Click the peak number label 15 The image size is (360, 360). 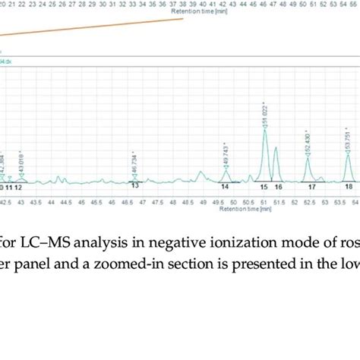pyautogui.click(x=264, y=186)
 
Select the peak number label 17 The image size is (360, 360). pyautogui.click(x=312, y=186)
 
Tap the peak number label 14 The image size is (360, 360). pyautogui.click(x=226, y=186)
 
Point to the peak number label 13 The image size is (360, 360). pyautogui.click(x=134, y=185)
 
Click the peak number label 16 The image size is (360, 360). pyautogui.click(x=278, y=186)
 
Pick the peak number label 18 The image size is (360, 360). pyautogui.click(x=349, y=186)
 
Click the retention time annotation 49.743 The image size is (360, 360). pyautogui.click(x=226, y=156)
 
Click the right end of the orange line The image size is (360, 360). pyautogui.click(x=184, y=18)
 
